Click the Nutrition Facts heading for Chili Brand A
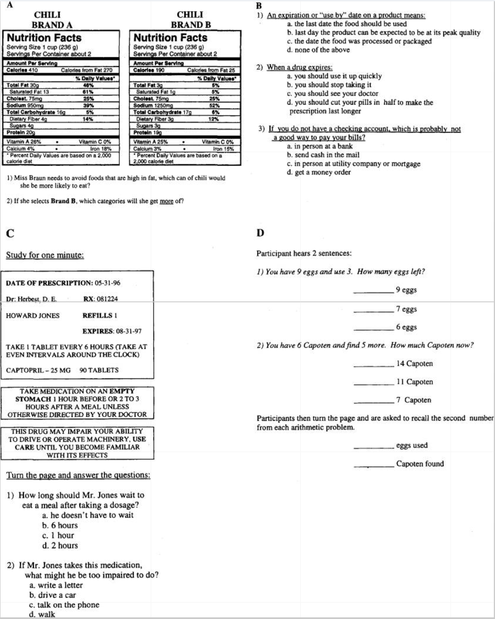tap(44, 38)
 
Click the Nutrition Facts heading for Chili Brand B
tap(170, 38)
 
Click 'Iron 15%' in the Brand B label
tap(223, 149)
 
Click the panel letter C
tap(10, 233)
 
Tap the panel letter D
tap(260, 233)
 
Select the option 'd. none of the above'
tap(318, 50)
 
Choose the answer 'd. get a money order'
tap(319, 172)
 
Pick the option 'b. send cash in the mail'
tap(323, 155)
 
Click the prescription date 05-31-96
tap(107, 283)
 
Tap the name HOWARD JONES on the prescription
tap(33, 316)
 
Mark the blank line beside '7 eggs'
tap(373, 312)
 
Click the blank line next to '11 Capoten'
tap(373, 385)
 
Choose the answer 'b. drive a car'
tap(52, 595)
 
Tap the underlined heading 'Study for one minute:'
tap(45, 255)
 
